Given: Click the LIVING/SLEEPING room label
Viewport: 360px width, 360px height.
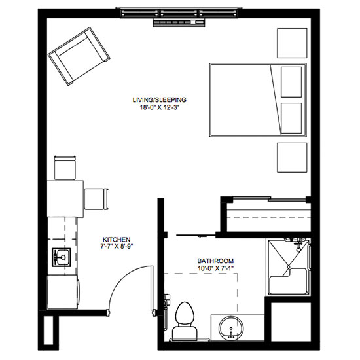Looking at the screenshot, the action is pos(159,100).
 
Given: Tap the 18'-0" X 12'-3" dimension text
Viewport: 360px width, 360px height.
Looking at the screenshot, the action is pos(159,107).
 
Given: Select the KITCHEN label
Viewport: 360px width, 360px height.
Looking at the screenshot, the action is pos(117,240).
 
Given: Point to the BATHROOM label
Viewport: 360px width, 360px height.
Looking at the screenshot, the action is pos(215,261).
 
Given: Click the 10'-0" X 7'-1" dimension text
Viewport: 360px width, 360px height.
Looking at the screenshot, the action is pos(215,268).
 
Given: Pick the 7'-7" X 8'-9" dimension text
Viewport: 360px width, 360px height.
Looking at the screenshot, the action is pos(117,247).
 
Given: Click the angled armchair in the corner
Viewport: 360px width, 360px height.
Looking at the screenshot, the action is pos(79,56).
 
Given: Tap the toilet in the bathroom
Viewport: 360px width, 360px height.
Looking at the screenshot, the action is pos(185,321).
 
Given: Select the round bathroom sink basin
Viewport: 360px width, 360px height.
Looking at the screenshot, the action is pos(231,327).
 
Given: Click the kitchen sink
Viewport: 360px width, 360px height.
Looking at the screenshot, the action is pos(62,257).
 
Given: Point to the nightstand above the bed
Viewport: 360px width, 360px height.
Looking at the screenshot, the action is pos(292,43).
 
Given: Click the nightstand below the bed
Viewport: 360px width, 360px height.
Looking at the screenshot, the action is pos(292,158).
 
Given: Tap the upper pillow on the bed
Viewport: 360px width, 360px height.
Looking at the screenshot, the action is pos(291,82).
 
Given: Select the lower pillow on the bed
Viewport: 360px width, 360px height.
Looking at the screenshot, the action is pos(291,118).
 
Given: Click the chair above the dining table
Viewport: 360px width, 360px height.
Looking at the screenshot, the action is pos(65,168).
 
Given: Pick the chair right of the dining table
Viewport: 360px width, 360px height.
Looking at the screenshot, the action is pos(96,199).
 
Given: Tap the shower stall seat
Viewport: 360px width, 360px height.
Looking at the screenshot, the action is pos(289,281).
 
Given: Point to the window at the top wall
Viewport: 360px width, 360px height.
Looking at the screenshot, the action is pos(179,13).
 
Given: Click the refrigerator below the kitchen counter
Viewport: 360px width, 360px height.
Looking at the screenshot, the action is pos(63,293).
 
